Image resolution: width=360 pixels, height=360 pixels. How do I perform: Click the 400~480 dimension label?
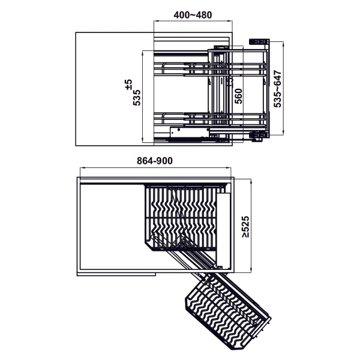[x=193, y=15]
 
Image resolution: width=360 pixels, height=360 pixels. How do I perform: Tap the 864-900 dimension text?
[x=155, y=161]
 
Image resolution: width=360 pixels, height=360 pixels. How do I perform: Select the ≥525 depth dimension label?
[x=245, y=227]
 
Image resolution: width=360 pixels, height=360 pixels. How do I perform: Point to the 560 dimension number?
[x=239, y=96]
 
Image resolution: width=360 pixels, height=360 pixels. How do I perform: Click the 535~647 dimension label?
[x=278, y=89]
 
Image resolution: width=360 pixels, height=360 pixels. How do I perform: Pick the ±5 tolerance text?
[x=128, y=85]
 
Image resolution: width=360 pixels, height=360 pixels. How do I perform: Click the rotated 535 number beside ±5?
[x=137, y=98]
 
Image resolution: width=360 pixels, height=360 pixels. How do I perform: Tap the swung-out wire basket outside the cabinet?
[x=228, y=314]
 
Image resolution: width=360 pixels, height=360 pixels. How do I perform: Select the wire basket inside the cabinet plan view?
[x=181, y=217]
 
